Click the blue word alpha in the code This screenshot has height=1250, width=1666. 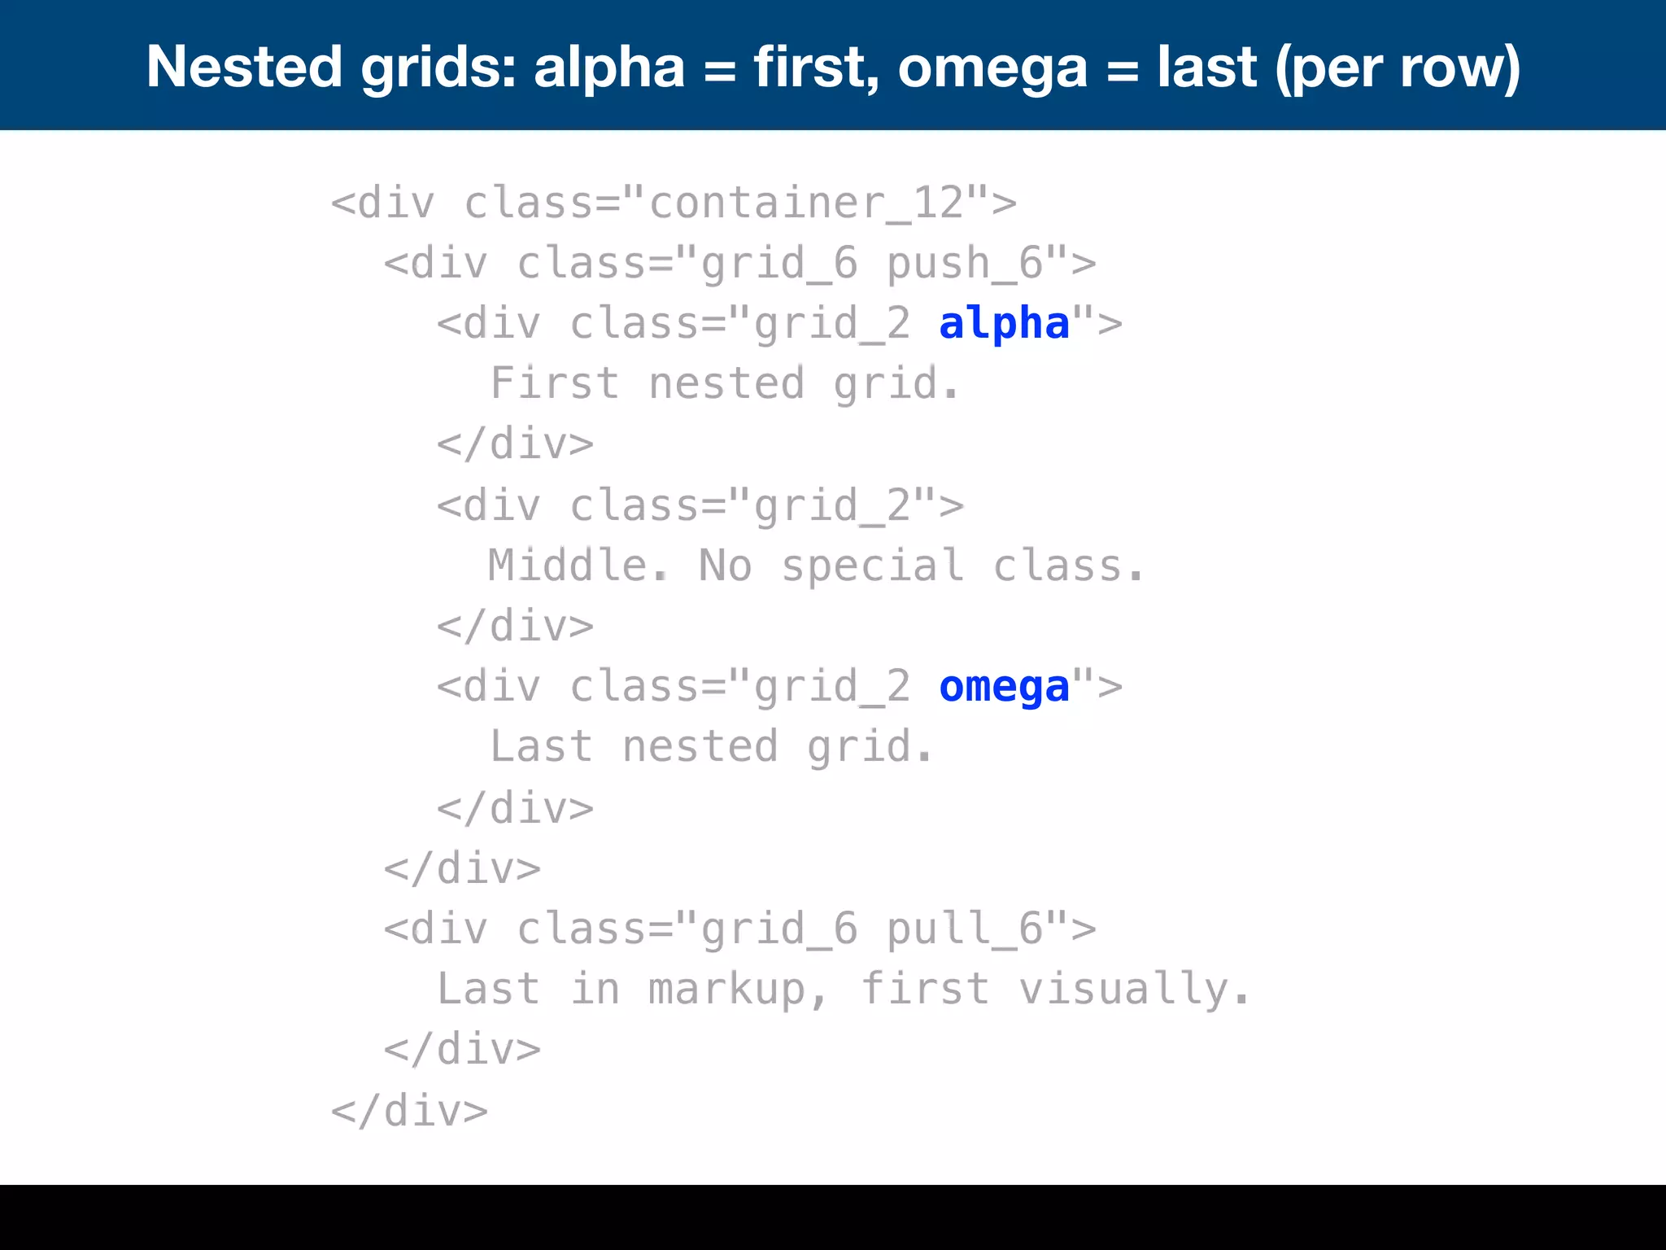(1004, 324)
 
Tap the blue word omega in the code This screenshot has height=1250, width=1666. (1004, 688)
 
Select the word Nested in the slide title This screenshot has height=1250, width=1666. (244, 67)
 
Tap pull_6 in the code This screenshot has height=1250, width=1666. (965, 929)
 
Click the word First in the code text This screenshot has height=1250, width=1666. (555, 383)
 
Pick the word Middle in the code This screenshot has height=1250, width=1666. (568, 566)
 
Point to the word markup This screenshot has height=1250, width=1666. (726, 990)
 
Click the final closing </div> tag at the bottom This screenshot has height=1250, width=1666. (409, 1111)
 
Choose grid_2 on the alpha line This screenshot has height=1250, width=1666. (831, 324)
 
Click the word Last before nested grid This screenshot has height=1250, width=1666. (541, 747)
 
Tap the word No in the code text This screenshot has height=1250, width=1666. (726, 566)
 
